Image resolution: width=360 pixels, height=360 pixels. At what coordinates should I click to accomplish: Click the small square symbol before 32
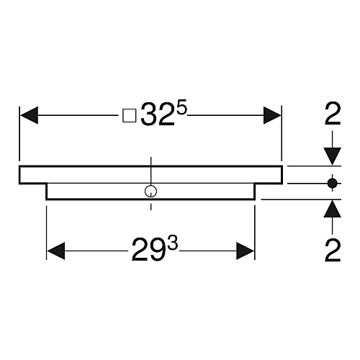pos(130,116)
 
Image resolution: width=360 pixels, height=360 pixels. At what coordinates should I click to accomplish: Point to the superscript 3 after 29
pos(173,244)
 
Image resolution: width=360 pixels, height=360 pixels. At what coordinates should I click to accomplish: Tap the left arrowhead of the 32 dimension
pos(30,115)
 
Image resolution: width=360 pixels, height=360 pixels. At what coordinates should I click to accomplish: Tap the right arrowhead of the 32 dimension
pos(272,115)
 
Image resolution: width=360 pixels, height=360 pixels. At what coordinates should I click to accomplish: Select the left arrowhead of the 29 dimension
pos(56,251)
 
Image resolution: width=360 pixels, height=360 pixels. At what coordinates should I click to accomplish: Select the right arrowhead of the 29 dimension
pos(245,251)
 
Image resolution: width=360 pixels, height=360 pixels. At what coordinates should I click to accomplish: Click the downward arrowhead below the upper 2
pos(333,156)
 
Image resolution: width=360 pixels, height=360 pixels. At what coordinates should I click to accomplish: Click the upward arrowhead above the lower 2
pos(333,209)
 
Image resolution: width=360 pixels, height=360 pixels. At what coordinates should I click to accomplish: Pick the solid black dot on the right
pos(333,184)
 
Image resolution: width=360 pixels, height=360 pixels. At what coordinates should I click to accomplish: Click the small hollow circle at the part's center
pos(150,192)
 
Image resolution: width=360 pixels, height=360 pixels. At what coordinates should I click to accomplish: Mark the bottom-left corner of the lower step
pos(46,199)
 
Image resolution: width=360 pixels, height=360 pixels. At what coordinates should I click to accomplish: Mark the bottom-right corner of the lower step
pos(254,199)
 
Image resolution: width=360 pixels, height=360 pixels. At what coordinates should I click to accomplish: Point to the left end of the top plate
pos(19,175)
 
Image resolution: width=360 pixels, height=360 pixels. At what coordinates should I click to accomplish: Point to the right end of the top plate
pos(282,175)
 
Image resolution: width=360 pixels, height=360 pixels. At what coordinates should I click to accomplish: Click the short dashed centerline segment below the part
pos(150,207)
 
